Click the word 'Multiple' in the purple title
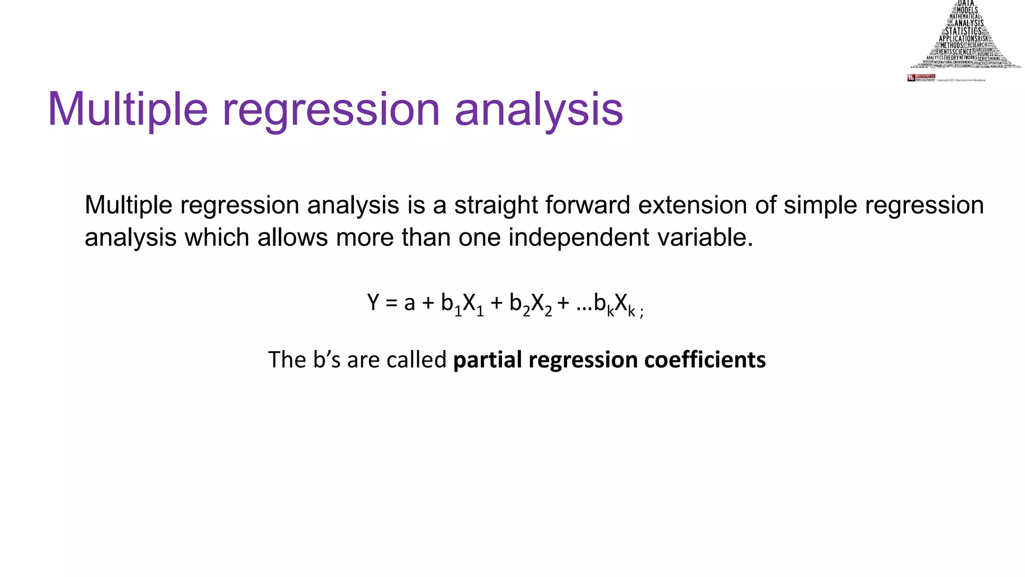127,110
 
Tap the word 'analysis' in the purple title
539,110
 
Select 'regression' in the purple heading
330,110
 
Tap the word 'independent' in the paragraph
579,237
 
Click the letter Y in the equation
373,303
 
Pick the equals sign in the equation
392,303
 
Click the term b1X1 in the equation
462,304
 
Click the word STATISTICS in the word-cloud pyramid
963,31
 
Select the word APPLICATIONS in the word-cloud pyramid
957,39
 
